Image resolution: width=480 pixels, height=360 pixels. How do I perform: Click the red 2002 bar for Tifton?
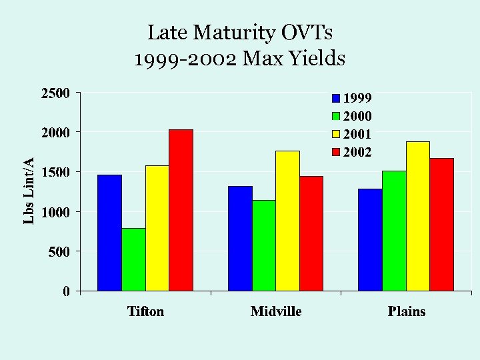tap(181, 210)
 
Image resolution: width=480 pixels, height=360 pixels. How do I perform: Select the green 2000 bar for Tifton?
tap(133, 259)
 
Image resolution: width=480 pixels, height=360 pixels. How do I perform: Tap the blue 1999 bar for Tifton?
tap(109, 233)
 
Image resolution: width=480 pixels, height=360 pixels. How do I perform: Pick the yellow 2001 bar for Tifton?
tap(157, 228)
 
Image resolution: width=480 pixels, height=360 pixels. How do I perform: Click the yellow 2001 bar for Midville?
tap(287, 221)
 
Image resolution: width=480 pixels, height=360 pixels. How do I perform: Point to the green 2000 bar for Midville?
tap(264, 245)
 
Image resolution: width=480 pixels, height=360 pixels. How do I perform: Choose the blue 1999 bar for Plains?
tap(370, 239)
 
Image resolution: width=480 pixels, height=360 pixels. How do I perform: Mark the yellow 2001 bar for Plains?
tap(418, 216)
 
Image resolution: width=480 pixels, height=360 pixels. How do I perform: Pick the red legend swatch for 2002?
tap(337, 152)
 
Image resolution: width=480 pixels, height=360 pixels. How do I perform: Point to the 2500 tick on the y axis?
tap(56, 93)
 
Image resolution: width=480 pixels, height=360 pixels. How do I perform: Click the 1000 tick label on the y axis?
tap(56, 212)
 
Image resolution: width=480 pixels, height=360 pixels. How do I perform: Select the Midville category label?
tap(276, 311)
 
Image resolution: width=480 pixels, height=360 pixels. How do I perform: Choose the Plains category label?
tap(407, 311)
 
